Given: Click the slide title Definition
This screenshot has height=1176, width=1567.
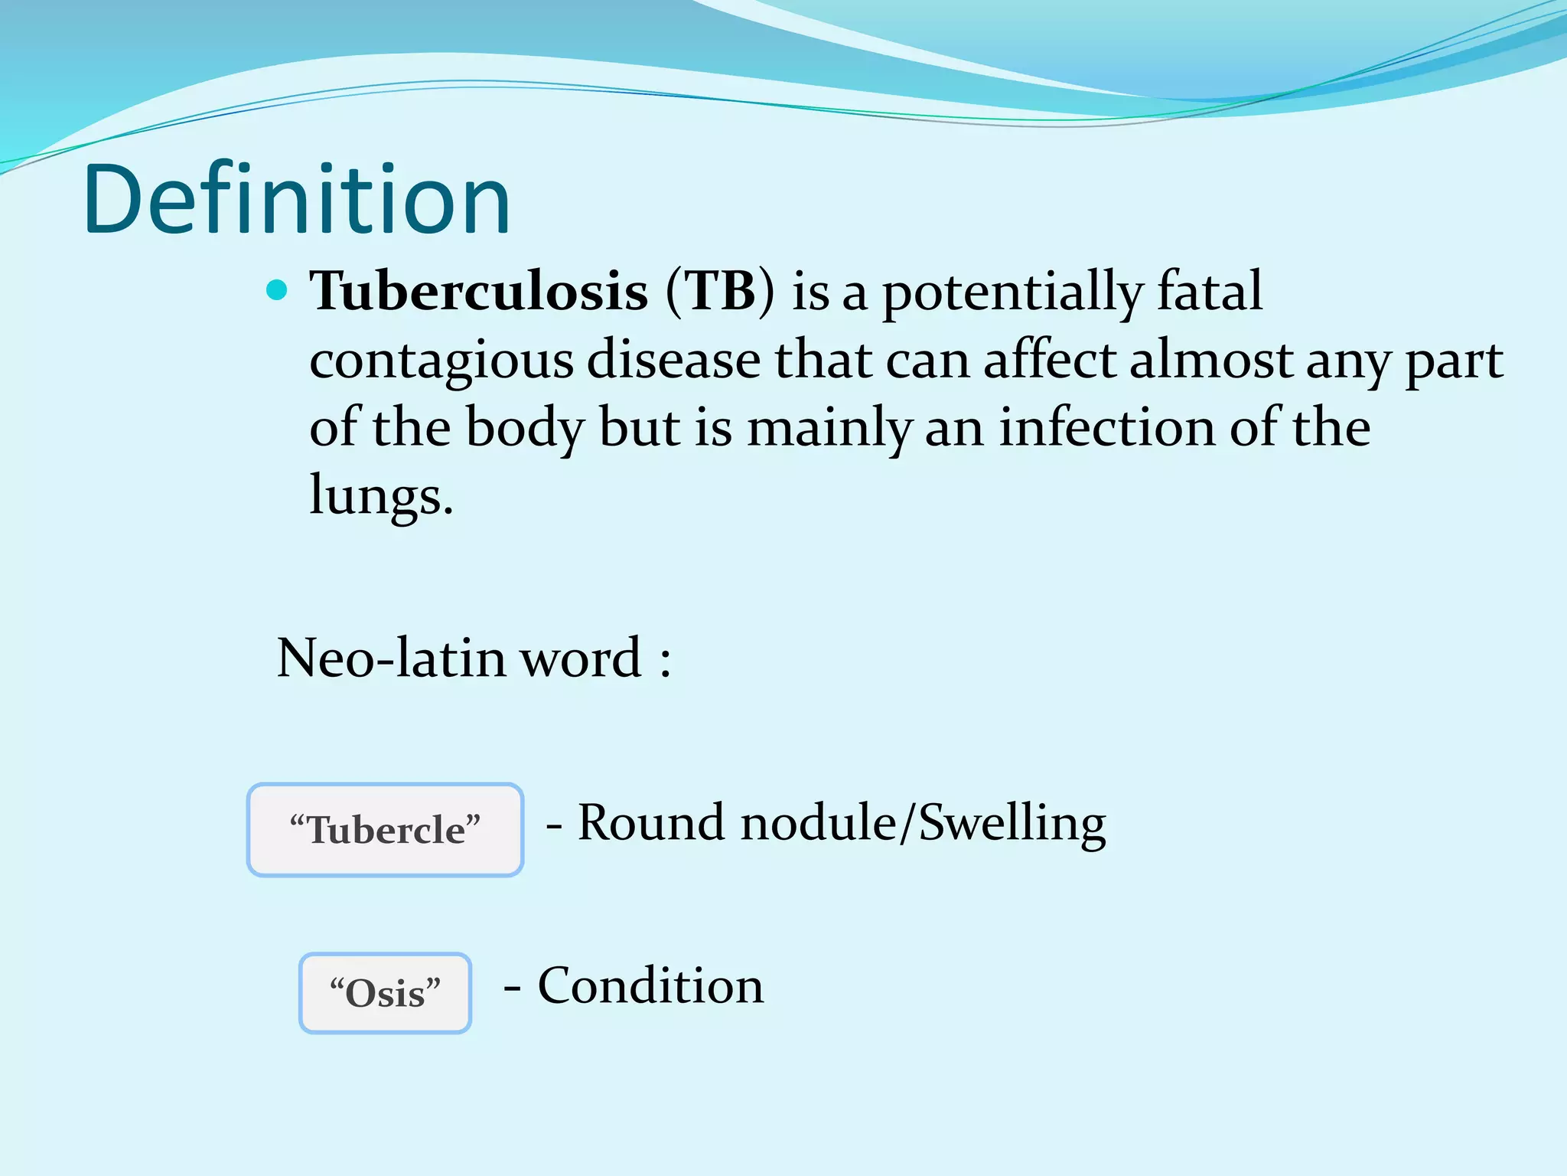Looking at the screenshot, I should (x=296, y=201).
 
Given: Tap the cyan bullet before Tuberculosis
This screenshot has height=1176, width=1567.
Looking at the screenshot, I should (x=277, y=290).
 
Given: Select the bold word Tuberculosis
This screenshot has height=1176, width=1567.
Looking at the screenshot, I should (x=479, y=291).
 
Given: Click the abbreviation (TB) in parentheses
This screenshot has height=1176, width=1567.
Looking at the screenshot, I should (x=720, y=291).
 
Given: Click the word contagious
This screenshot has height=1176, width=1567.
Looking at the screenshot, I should (x=441, y=360).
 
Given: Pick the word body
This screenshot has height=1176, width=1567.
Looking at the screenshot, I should (x=525, y=429).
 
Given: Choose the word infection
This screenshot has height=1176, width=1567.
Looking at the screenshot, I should (x=1106, y=427).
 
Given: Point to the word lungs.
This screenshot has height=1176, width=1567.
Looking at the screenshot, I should (x=380, y=496).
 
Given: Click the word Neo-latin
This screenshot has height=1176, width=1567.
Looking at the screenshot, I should (x=390, y=658).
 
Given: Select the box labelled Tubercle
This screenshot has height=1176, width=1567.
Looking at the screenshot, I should (x=385, y=830).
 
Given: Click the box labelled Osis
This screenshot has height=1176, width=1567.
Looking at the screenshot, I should (x=385, y=993).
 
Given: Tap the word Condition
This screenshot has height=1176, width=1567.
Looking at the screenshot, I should (x=650, y=986).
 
